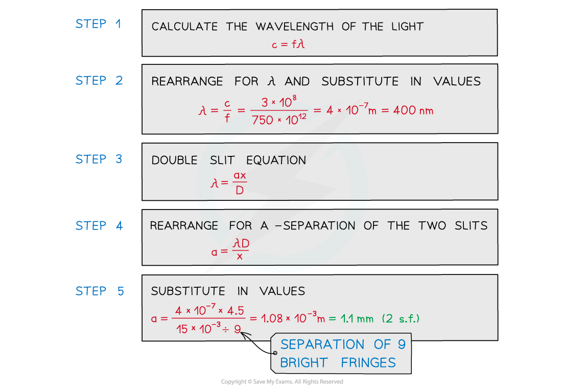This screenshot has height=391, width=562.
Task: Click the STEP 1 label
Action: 98,24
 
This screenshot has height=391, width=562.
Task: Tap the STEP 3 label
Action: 99,159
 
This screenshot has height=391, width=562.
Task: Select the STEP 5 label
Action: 99,291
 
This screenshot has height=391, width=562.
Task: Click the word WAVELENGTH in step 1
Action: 295,27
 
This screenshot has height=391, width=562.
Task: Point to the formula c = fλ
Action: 288,44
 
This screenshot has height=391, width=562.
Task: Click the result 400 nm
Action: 413,110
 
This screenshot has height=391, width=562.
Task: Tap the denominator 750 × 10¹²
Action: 279,120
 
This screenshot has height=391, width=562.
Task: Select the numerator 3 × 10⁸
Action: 279,102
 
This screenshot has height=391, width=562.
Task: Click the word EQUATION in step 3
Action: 276,160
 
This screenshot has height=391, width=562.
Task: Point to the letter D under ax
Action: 240,190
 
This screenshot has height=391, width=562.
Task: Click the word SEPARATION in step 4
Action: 319,226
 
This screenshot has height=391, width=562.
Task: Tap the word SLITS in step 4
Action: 471,225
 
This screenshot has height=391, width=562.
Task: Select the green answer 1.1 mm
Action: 357,318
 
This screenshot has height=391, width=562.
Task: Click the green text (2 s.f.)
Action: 401,318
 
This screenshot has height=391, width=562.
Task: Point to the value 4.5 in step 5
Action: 236,311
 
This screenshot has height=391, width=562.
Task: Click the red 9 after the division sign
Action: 237,329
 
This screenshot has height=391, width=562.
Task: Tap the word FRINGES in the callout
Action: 368,363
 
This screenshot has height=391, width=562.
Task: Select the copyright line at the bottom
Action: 282,382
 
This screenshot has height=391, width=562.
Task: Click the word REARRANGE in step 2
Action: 187,81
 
